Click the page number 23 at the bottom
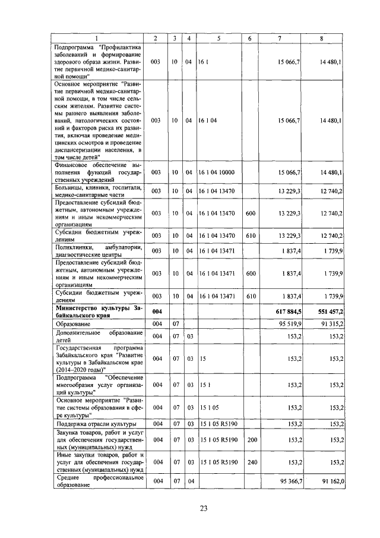pyautogui.click(x=203, y=508)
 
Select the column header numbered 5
pyautogui.click(x=218, y=39)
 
